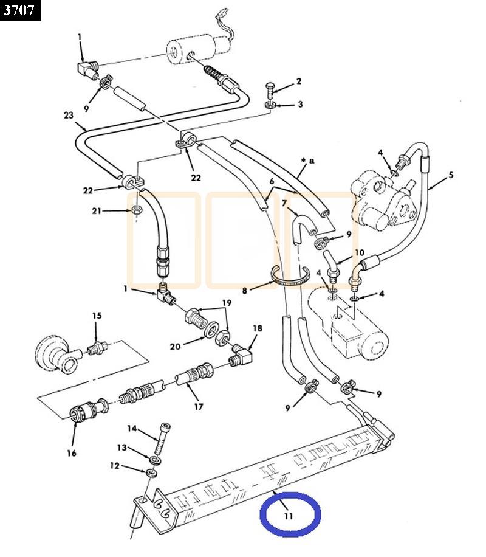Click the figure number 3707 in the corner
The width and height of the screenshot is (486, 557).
[x=20, y=10]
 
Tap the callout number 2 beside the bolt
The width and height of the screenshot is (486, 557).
[x=299, y=81]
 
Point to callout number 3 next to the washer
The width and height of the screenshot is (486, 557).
[x=299, y=104]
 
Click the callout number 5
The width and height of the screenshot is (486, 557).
[x=451, y=176]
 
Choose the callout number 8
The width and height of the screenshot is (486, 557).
[x=245, y=291]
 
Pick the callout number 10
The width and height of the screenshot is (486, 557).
[x=359, y=252]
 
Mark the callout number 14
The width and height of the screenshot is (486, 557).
[x=131, y=430]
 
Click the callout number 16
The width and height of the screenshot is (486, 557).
[x=74, y=452]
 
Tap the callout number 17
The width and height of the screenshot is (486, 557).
[x=199, y=407]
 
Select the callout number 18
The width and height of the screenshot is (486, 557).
[x=258, y=328]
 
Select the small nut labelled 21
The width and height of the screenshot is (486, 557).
[x=137, y=210]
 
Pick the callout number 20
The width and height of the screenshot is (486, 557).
[x=175, y=346]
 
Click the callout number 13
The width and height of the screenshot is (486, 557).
[x=122, y=448]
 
